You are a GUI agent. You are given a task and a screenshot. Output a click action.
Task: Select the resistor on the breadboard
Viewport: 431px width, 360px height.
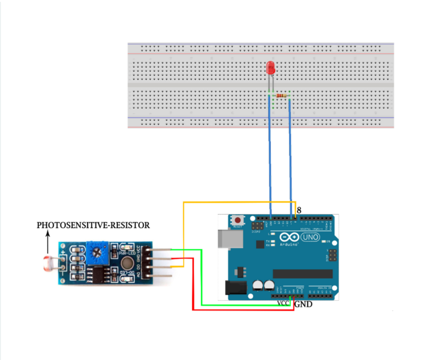(x=281, y=96)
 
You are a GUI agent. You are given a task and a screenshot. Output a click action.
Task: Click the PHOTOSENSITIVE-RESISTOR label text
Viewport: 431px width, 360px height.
(x=93, y=225)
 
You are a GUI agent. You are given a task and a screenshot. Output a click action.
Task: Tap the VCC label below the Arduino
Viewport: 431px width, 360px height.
(x=283, y=303)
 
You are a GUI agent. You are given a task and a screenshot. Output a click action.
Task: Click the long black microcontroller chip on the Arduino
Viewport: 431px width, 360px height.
(x=303, y=274)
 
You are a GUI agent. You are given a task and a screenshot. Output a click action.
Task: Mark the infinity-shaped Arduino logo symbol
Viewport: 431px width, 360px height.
(x=290, y=237)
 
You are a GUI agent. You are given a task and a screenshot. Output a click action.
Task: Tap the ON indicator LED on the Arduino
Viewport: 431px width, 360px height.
(x=323, y=242)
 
